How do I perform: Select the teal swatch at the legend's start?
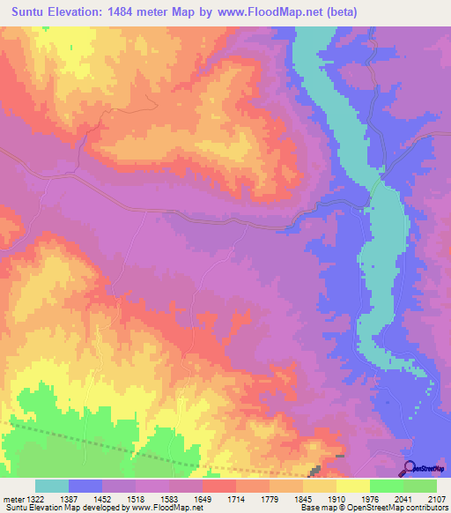(52, 486)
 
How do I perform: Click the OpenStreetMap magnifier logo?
(408, 468)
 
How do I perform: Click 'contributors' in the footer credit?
(425, 508)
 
